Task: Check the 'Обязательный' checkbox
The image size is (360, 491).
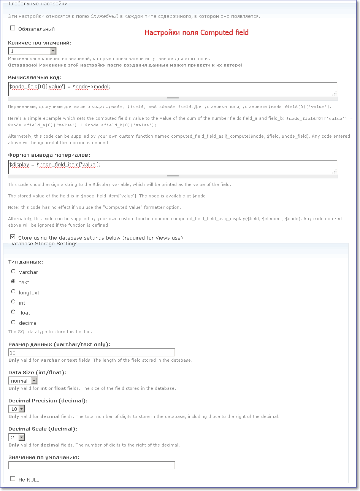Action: coord(13,29)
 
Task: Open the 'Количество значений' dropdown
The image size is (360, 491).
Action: coord(32,51)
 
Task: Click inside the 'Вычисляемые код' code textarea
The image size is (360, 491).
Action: coord(172,89)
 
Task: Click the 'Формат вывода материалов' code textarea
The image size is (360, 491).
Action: coord(172,167)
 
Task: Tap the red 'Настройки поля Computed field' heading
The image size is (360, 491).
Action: coord(197,33)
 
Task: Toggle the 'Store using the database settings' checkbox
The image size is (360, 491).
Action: coord(13,237)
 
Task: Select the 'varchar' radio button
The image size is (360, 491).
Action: coord(13,272)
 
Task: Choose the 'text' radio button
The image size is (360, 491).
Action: coord(13,282)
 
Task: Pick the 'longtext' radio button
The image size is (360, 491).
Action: coord(13,292)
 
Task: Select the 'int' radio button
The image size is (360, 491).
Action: coord(13,302)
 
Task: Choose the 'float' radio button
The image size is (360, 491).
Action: coord(13,312)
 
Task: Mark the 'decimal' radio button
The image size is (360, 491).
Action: coord(13,322)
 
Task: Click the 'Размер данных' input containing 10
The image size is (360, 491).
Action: coord(91,353)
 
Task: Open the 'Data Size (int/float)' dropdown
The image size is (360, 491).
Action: coord(23,381)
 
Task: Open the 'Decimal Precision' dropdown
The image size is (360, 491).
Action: coord(17,409)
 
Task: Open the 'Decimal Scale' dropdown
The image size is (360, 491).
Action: coord(17,437)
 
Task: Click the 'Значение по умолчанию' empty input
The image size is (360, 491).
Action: coord(91,466)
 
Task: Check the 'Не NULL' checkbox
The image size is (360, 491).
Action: coord(13,479)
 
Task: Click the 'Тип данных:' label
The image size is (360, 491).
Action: coord(25,262)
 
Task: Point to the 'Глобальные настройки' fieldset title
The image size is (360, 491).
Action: coord(38,4)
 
